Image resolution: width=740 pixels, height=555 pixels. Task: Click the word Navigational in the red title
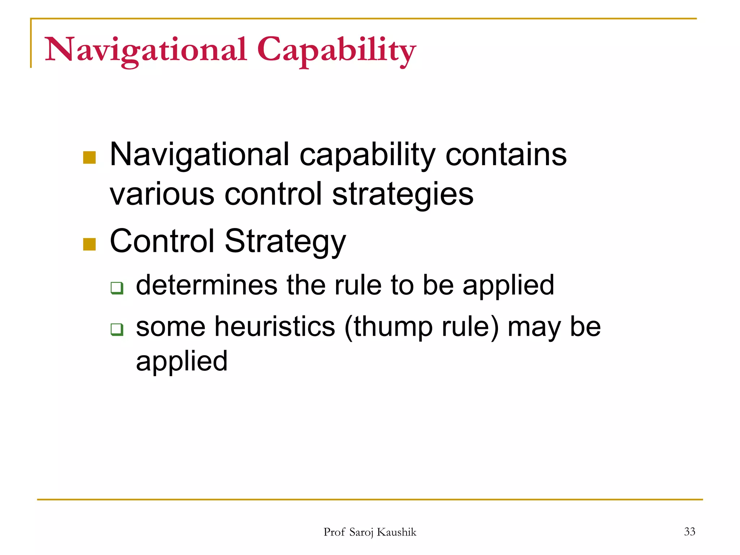tap(146, 50)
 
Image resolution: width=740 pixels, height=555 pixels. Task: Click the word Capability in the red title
tap(336, 50)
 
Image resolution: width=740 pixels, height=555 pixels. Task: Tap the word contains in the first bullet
tap(506, 155)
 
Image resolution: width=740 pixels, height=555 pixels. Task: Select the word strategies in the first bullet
tap(403, 194)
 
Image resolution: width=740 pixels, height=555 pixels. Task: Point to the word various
tap(162, 194)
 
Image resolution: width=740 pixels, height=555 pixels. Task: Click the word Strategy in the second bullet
tap(285, 241)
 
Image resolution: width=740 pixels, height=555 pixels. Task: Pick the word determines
tap(206, 285)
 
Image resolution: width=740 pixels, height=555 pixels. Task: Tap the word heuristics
tap(275, 327)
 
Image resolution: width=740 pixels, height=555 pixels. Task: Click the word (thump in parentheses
tap(388, 327)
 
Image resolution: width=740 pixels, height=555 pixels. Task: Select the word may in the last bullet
tap(534, 327)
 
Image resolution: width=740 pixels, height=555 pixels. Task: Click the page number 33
tap(689, 532)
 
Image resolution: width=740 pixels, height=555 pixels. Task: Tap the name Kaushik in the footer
tap(396, 532)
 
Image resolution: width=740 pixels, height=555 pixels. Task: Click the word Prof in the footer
tap(334, 532)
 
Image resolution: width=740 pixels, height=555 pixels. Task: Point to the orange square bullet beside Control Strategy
tap(89, 244)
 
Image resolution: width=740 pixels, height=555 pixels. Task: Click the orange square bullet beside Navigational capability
tap(89, 158)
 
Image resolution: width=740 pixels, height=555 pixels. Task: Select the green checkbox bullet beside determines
tap(117, 288)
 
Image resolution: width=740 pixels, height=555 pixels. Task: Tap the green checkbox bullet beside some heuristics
tap(117, 330)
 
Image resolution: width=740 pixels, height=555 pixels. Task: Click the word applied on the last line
tap(182, 361)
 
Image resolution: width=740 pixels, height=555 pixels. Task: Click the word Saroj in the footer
tap(362, 532)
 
